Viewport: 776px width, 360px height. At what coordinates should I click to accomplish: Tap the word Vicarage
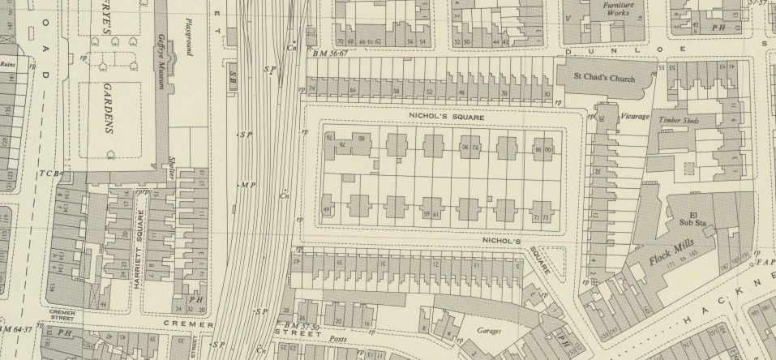pyautogui.click(x=636, y=117)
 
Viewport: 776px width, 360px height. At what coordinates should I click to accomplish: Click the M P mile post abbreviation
pyautogui.click(x=248, y=186)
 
